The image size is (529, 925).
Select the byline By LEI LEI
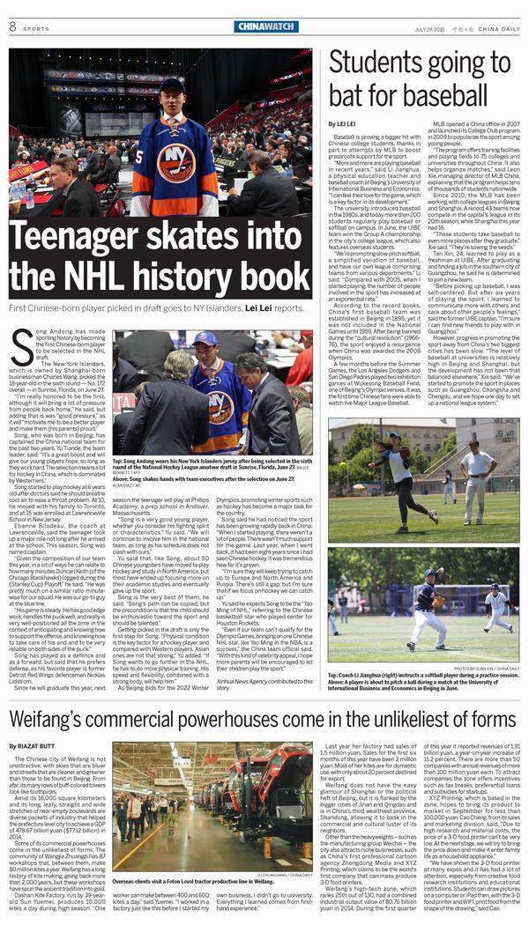coord(344,124)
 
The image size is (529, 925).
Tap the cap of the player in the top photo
coord(173,86)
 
